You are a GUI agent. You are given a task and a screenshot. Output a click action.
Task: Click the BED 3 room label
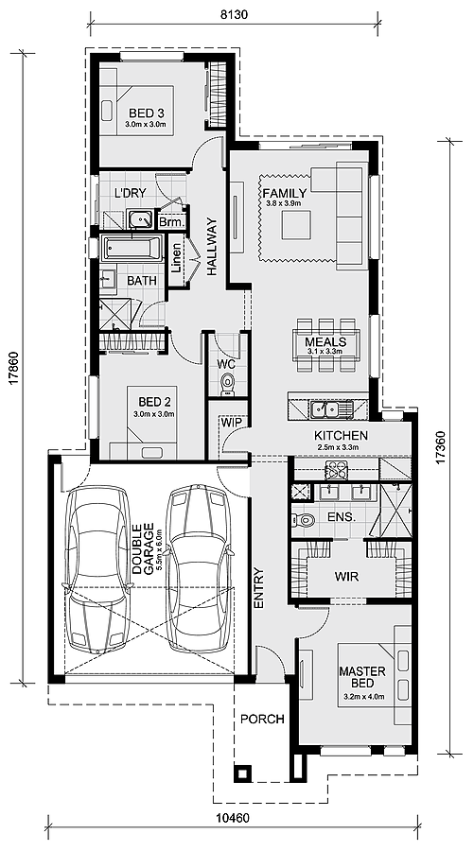pos(147,113)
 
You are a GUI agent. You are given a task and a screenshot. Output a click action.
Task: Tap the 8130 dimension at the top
pos(235,15)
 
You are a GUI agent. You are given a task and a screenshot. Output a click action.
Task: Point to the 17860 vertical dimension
pos(14,369)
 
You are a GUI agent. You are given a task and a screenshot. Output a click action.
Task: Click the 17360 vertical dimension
pos(441,446)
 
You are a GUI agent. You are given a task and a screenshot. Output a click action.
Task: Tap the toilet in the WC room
pos(228,384)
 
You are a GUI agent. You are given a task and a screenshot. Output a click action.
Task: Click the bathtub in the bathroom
pos(132,249)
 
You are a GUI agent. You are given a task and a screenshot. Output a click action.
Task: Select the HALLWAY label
pos(211,246)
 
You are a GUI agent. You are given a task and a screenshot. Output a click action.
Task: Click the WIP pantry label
pos(227,423)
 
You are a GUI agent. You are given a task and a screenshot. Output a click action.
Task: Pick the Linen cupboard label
pos(177,258)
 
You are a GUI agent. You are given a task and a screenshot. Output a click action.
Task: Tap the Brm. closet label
pos(172,222)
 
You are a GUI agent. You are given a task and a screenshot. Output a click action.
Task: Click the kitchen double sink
pos(330,408)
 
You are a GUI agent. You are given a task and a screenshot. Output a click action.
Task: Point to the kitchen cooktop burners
pos(336,470)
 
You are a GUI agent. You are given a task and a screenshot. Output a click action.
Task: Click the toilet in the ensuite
pos(304,519)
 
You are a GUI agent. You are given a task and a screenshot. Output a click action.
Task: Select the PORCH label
pos(262,720)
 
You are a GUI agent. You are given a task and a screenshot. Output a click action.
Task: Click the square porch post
pos(242,773)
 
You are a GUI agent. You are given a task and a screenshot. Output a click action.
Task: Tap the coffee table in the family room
pos(296,225)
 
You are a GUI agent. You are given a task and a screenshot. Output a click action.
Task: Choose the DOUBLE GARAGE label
pos(143,548)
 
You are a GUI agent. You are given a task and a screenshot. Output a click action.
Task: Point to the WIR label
pos(347,577)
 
